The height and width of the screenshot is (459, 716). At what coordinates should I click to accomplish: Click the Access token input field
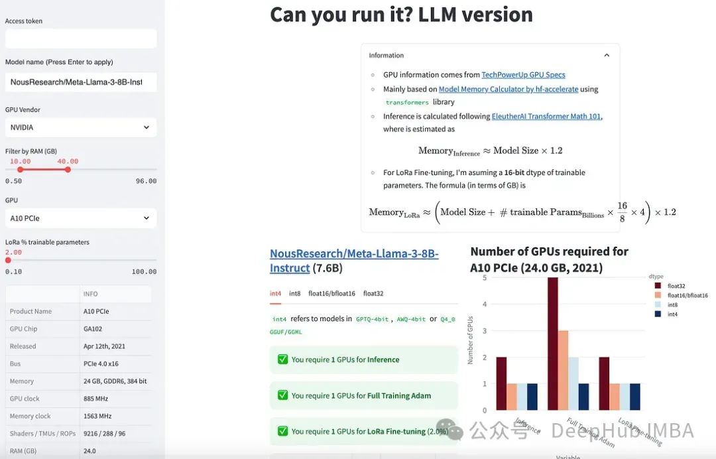pyautogui.click(x=81, y=38)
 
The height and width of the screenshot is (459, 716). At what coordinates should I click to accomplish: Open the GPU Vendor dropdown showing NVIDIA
pyautogui.click(x=81, y=127)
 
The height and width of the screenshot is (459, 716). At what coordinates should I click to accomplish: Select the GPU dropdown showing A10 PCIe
pyautogui.click(x=81, y=218)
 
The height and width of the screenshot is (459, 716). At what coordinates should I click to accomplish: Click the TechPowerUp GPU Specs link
pyautogui.click(x=523, y=75)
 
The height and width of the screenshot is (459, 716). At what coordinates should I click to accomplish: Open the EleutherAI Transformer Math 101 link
pyautogui.click(x=546, y=116)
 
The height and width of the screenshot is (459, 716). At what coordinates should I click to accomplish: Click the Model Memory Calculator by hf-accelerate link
pyautogui.click(x=508, y=89)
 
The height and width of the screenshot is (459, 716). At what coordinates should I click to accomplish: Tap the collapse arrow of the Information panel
pyautogui.click(x=607, y=56)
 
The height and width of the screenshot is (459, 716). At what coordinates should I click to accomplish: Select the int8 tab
pyautogui.click(x=294, y=293)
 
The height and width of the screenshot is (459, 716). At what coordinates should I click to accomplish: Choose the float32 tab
pyautogui.click(x=373, y=293)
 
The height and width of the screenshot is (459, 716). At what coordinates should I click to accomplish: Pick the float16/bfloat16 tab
pyautogui.click(x=331, y=293)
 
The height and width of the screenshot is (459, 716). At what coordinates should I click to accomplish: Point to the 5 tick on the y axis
pyautogui.click(x=485, y=278)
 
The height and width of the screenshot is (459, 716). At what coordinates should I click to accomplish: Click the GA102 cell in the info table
pyautogui.click(x=114, y=329)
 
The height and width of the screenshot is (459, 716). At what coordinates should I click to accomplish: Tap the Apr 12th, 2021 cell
pyautogui.click(x=114, y=346)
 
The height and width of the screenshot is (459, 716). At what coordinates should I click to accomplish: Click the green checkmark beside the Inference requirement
pyautogui.click(x=282, y=360)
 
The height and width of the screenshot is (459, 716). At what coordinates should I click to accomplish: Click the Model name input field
pyautogui.click(x=81, y=82)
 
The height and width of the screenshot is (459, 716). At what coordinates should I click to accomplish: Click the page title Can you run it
pyautogui.click(x=401, y=15)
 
